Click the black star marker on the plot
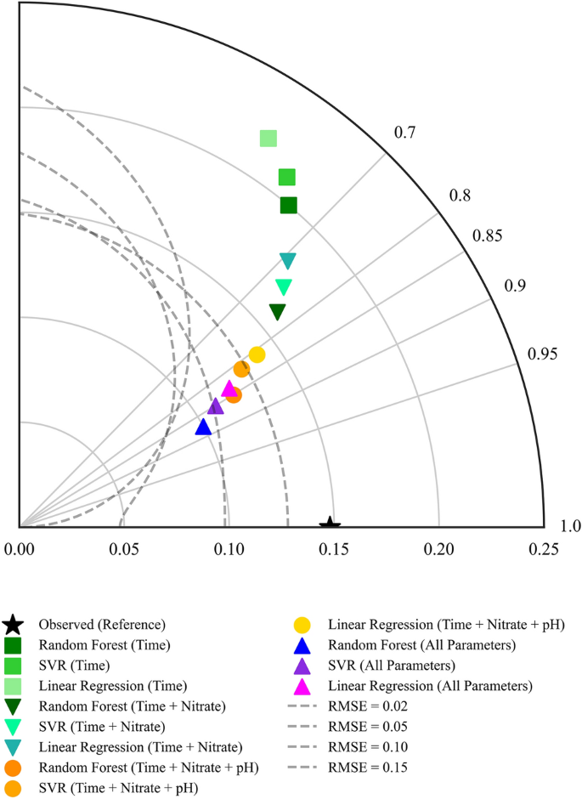click(x=330, y=525)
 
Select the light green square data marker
click(x=268, y=139)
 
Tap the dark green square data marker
click(x=289, y=205)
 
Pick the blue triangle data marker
click(x=203, y=427)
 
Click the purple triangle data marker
click(x=216, y=406)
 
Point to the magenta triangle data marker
click(x=229, y=388)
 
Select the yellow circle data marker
click(x=257, y=354)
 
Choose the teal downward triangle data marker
click(x=288, y=261)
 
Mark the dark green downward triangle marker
click(x=278, y=312)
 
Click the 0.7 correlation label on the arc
click(x=404, y=133)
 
